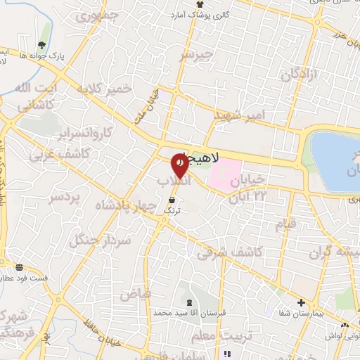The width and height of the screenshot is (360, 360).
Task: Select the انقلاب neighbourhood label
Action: pyautogui.click(x=172, y=182)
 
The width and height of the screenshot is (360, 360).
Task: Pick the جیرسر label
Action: pyautogui.click(x=195, y=54)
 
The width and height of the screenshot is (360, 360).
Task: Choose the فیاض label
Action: pyautogui.click(x=135, y=294)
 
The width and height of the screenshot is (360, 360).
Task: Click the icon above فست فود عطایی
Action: pyautogui.click(x=19, y=267)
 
